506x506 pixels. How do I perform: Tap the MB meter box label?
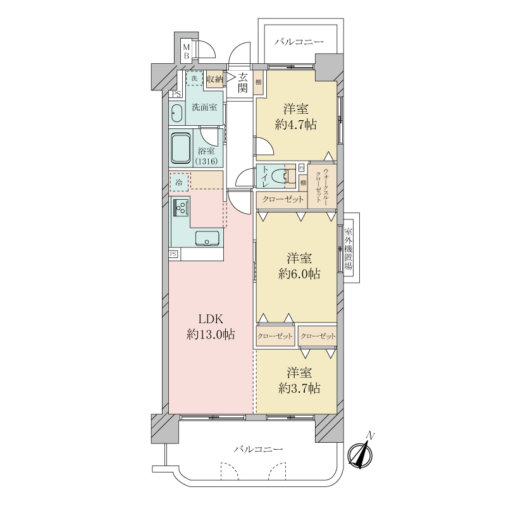coord(186,52)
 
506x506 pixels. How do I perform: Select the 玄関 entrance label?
coord(243,82)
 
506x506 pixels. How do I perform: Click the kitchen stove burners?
coord(182,207)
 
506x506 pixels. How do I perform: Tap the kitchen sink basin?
coord(207,238)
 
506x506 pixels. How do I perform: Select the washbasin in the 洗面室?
coord(176,113)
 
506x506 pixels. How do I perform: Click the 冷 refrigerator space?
coord(179,182)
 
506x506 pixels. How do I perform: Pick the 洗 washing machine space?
coord(194,78)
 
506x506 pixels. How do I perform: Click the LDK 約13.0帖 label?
coord(211,327)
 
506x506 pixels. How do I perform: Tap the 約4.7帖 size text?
coord(295,125)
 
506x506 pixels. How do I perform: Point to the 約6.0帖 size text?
coord(299,274)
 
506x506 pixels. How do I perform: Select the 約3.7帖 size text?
coord(299,388)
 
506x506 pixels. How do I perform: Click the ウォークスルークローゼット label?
coord(322,185)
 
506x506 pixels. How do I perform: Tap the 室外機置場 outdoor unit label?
coord(349,248)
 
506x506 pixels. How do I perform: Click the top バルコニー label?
coord(299,42)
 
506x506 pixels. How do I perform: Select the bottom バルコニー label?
coord(259,449)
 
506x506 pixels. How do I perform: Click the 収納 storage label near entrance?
coord(214,79)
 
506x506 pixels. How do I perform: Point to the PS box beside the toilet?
coord(302,168)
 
